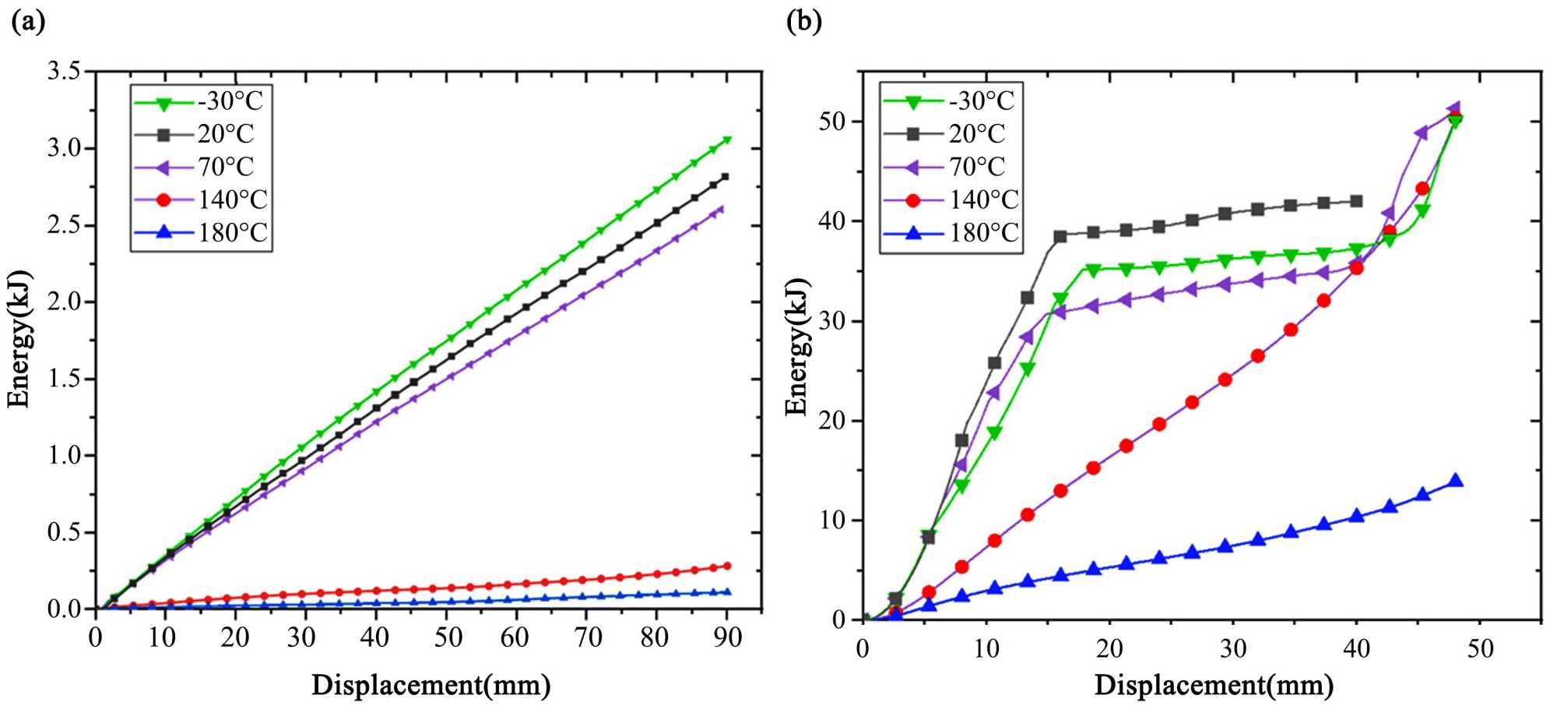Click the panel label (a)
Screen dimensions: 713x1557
point(29,21)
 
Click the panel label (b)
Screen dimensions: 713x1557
point(804,21)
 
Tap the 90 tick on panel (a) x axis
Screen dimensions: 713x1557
point(727,638)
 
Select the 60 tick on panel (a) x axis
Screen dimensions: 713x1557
point(515,638)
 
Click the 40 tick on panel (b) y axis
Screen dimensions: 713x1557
point(832,221)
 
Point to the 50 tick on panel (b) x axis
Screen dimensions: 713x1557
point(1480,648)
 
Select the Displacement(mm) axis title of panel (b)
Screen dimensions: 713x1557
point(1214,685)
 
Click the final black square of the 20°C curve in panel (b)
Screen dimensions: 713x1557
point(1356,201)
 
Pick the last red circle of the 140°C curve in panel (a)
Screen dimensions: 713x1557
point(727,566)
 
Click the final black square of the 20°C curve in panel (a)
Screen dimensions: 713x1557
point(725,177)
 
